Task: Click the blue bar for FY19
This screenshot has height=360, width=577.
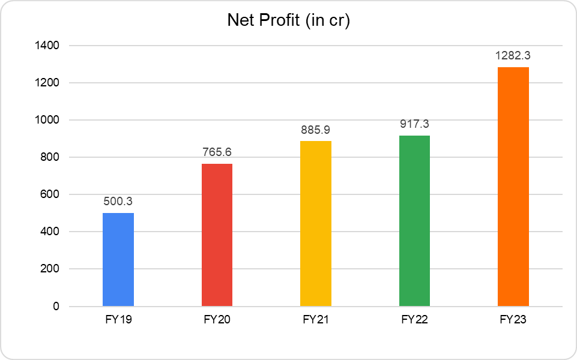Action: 118,260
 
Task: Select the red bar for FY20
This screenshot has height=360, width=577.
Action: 217,235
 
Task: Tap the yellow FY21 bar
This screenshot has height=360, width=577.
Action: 316,224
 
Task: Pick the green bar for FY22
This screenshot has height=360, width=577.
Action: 414,221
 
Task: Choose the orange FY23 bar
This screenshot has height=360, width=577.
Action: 513,187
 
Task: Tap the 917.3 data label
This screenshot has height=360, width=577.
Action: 414,125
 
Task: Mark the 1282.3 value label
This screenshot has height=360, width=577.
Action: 513,56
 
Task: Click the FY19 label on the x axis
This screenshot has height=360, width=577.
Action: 118,320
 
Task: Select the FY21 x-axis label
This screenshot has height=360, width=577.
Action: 316,320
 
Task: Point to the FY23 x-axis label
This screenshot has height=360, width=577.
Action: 513,320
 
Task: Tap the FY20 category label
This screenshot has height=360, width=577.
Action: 217,320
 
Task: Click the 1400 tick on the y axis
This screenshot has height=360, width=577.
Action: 47,46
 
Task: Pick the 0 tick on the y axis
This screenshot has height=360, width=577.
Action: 56,307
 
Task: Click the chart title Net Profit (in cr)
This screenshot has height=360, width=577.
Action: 288,20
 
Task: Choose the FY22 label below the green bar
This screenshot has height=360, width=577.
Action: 414,320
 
